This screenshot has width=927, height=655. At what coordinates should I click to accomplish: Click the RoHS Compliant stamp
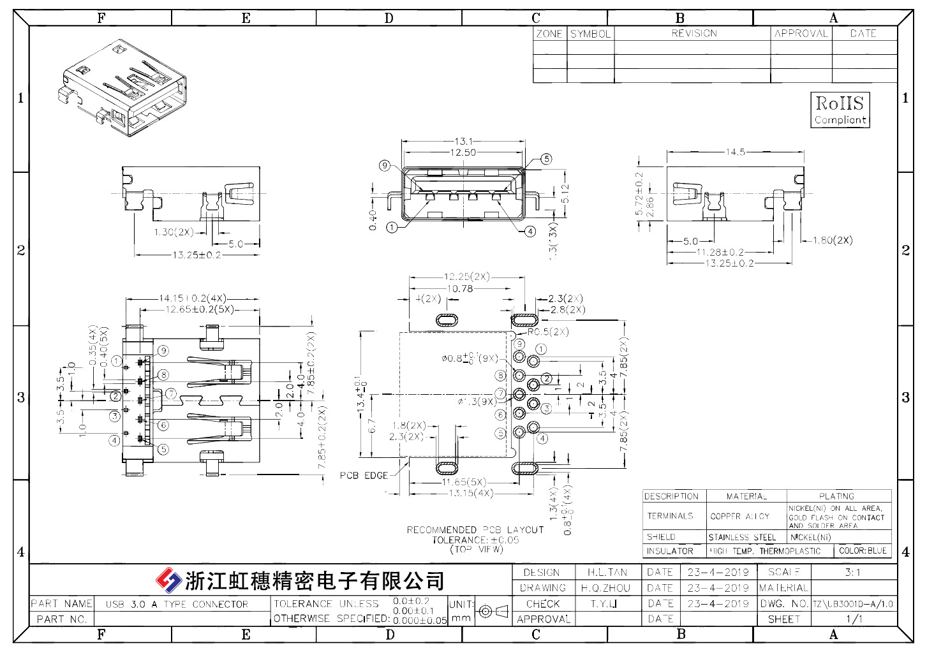pyautogui.click(x=840, y=110)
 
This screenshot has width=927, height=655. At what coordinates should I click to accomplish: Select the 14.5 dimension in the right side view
pyautogui.click(x=736, y=152)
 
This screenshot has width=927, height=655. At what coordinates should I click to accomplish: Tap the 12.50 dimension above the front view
pyautogui.click(x=463, y=152)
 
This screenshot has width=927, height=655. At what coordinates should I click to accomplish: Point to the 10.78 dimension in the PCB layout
pyautogui.click(x=460, y=289)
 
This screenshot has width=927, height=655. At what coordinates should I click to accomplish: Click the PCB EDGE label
pyautogui.click(x=364, y=476)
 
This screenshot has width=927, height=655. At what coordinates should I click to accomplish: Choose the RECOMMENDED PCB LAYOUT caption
pyautogui.click(x=475, y=530)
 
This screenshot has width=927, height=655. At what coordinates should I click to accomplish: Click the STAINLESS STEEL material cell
pyautogui.click(x=742, y=537)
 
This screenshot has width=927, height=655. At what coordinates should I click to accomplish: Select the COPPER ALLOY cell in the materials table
pyautogui.click(x=740, y=516)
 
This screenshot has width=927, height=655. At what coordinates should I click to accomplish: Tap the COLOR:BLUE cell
pyautogui.click(x=863, y=550)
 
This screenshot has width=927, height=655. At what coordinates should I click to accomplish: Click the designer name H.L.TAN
pyautogui.click(x=607, y=572)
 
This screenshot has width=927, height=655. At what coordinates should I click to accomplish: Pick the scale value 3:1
pyautogui.click(x=852, y=572)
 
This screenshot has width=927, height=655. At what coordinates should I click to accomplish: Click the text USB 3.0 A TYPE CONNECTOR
pyautogui.click(x=177, y=604)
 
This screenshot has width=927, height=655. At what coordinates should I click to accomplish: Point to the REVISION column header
pyautogui.click(x=693, y=33)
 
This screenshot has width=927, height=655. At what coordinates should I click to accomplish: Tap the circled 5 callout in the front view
pyautogui.click(x=546, y=159)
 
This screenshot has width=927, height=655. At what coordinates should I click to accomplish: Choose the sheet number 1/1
pyautogui.click(x=854, y=619)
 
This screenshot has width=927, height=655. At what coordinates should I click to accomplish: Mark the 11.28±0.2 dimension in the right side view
pyautogui.click(x=720, y=253)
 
